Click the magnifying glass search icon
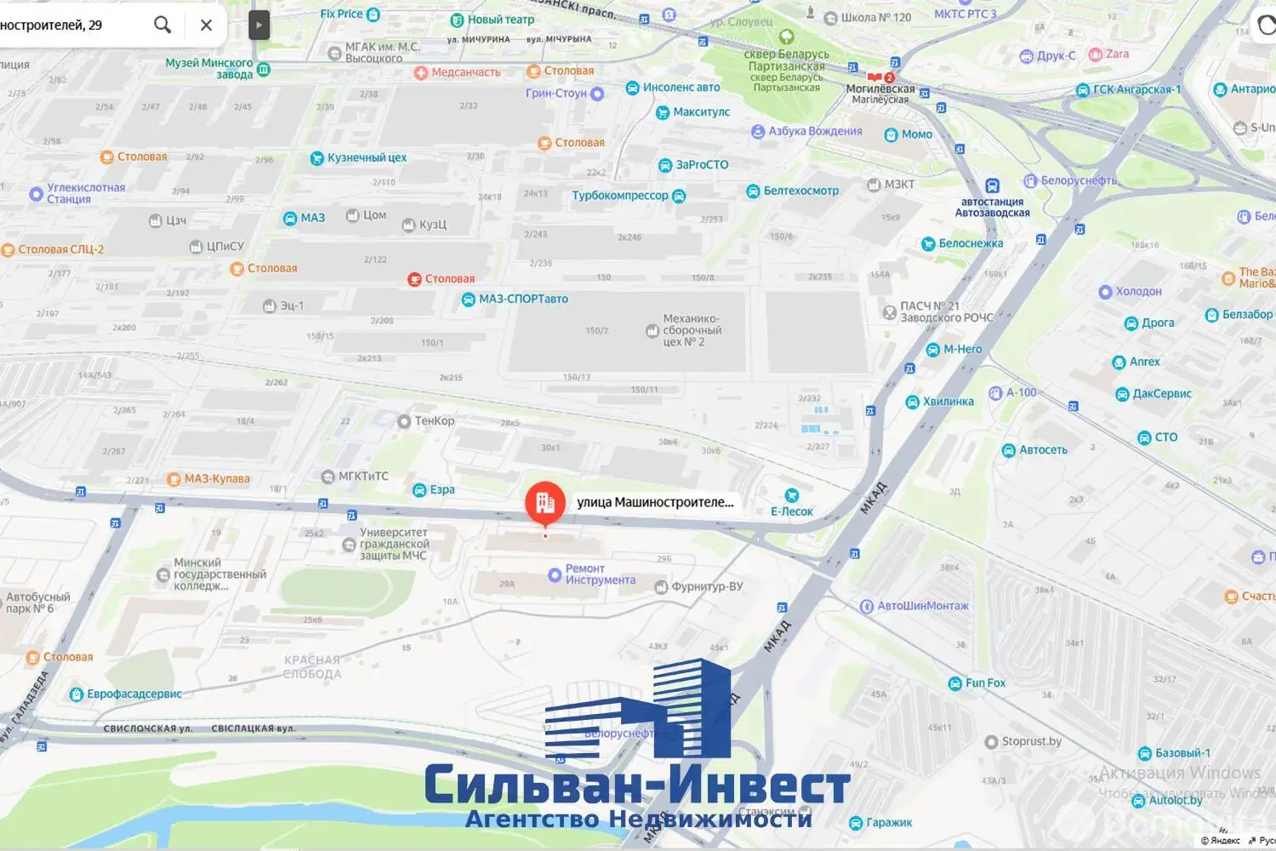click(162, 25)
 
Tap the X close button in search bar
click(206, 25)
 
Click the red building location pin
click(545, 503)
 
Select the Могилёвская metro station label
click(880, 89)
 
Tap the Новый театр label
click(500, 20)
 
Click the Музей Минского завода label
click(209, 68)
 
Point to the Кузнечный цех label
click(367, 157)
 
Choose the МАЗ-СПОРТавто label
click(522, 299)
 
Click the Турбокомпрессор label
click(620, 196)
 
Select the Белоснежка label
click(971, 243)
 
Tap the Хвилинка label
click(948, 402)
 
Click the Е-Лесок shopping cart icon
click(791, 495)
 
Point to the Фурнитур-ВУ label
click(707, 586)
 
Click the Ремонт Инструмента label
click(600, 574)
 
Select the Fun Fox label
click(985, 683)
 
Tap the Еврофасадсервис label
click(134, 694)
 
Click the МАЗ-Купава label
click(217, 479)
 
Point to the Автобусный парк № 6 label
click(37, 603)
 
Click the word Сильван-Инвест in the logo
click(637, 785)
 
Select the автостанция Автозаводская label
click(992, 207)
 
